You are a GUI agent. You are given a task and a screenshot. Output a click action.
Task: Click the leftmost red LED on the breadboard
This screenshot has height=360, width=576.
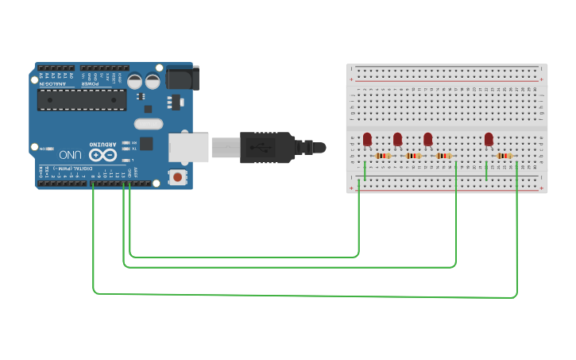(367, 140)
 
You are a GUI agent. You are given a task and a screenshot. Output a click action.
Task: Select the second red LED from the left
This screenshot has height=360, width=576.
(397, 140)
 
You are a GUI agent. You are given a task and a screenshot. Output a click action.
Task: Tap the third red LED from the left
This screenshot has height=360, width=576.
(427, 140)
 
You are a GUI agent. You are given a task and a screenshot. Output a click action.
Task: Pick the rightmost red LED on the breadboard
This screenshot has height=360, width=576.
(489, 140)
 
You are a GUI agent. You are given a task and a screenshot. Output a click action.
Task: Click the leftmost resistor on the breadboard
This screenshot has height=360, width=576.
(383, 157)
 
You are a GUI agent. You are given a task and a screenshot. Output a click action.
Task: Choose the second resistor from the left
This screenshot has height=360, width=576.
(413, 157)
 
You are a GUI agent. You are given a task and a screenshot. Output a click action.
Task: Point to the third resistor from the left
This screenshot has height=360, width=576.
(443, 157)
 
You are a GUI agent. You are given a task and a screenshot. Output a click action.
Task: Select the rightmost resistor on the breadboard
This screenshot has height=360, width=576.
(504, 157)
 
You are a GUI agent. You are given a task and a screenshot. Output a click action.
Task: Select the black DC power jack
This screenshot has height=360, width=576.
(180, 77)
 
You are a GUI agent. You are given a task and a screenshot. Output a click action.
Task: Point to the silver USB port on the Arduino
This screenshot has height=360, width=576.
(188, 148)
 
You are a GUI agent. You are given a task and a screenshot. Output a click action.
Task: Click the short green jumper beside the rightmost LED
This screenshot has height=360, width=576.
(486, 172)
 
